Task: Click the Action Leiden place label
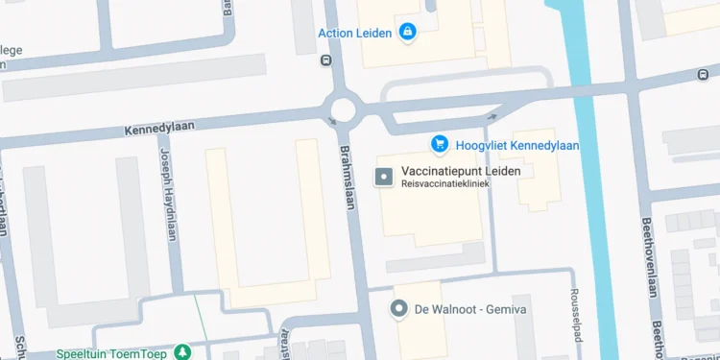click(354, 34)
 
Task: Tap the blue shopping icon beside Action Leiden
click(407, 33)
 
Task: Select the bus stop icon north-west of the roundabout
click(325, 60)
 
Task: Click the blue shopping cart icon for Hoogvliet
click(440, 144)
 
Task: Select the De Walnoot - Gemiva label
click(470, 309)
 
